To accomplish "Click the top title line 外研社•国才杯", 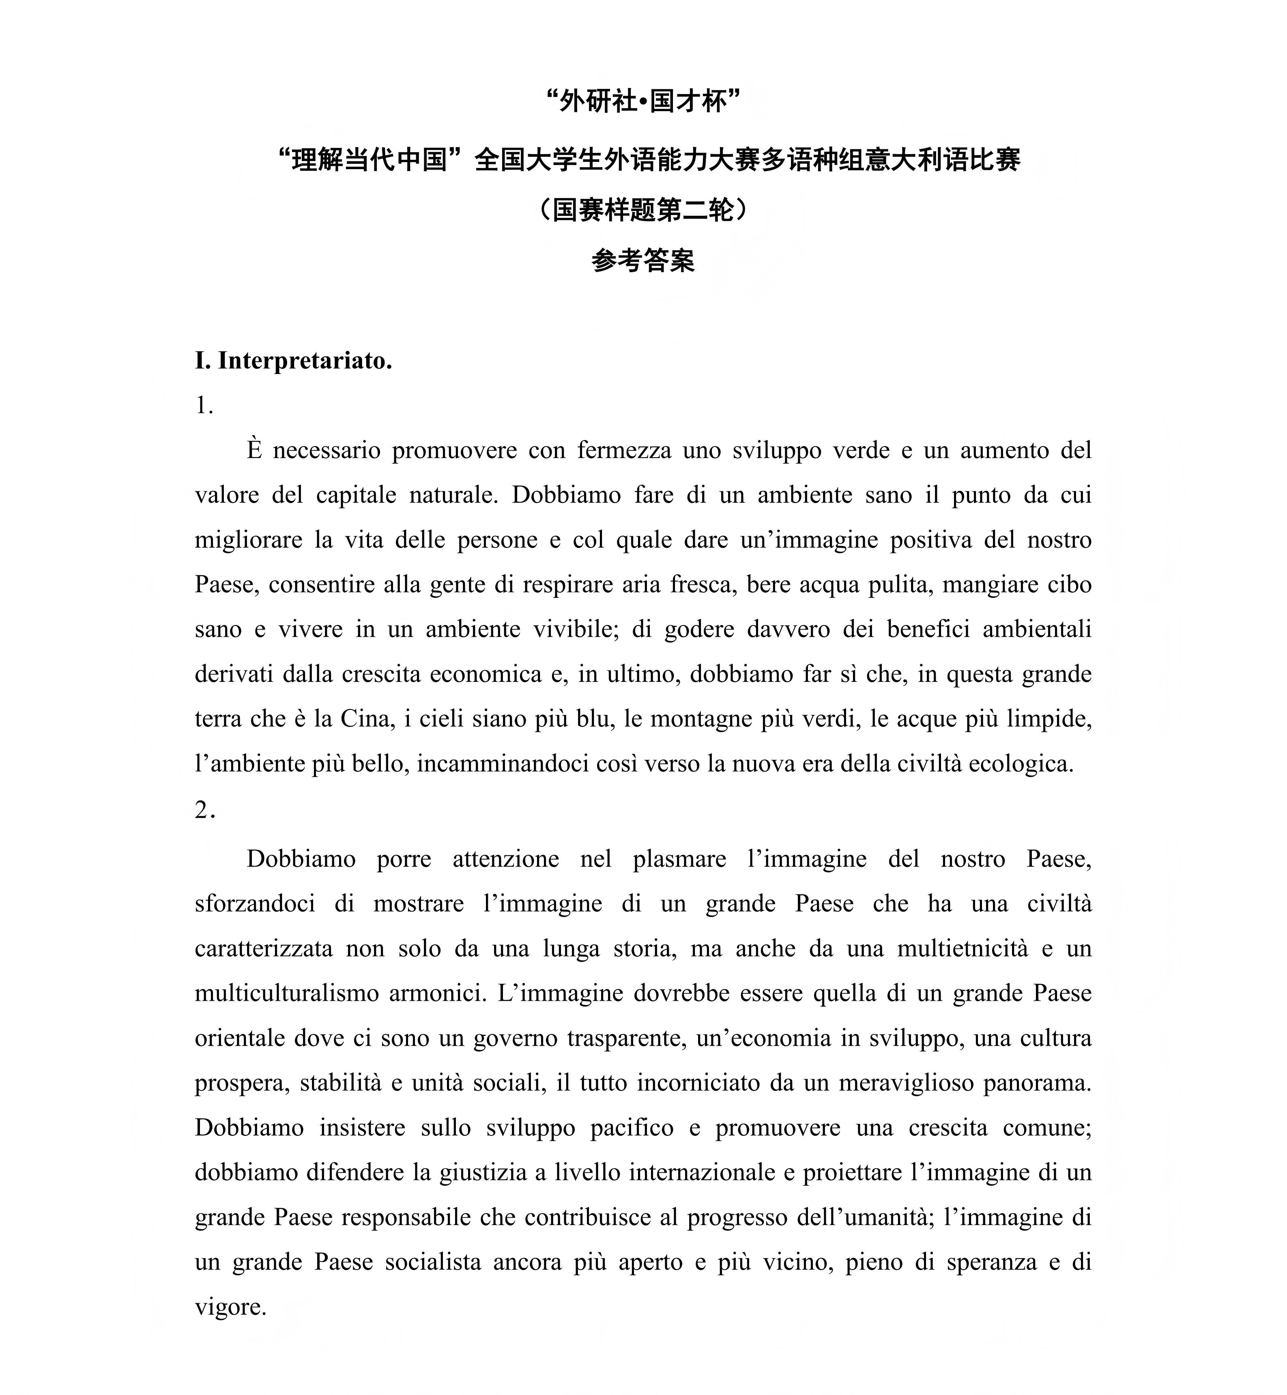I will tap(643, 102).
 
